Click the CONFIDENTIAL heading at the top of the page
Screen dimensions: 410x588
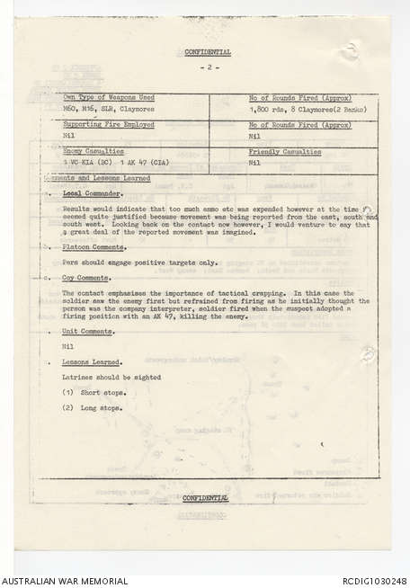click(208, 52)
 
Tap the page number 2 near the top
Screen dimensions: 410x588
click(208, 67)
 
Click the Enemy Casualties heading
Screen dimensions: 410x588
click(93, 152)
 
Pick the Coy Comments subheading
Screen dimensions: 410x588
click(87, 278)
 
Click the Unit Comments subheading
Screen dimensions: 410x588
click(88, 331)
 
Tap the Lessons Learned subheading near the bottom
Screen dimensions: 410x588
click(92, 361)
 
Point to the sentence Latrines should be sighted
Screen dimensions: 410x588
click(111, 378)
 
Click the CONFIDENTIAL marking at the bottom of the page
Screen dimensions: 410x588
click(206, 497)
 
